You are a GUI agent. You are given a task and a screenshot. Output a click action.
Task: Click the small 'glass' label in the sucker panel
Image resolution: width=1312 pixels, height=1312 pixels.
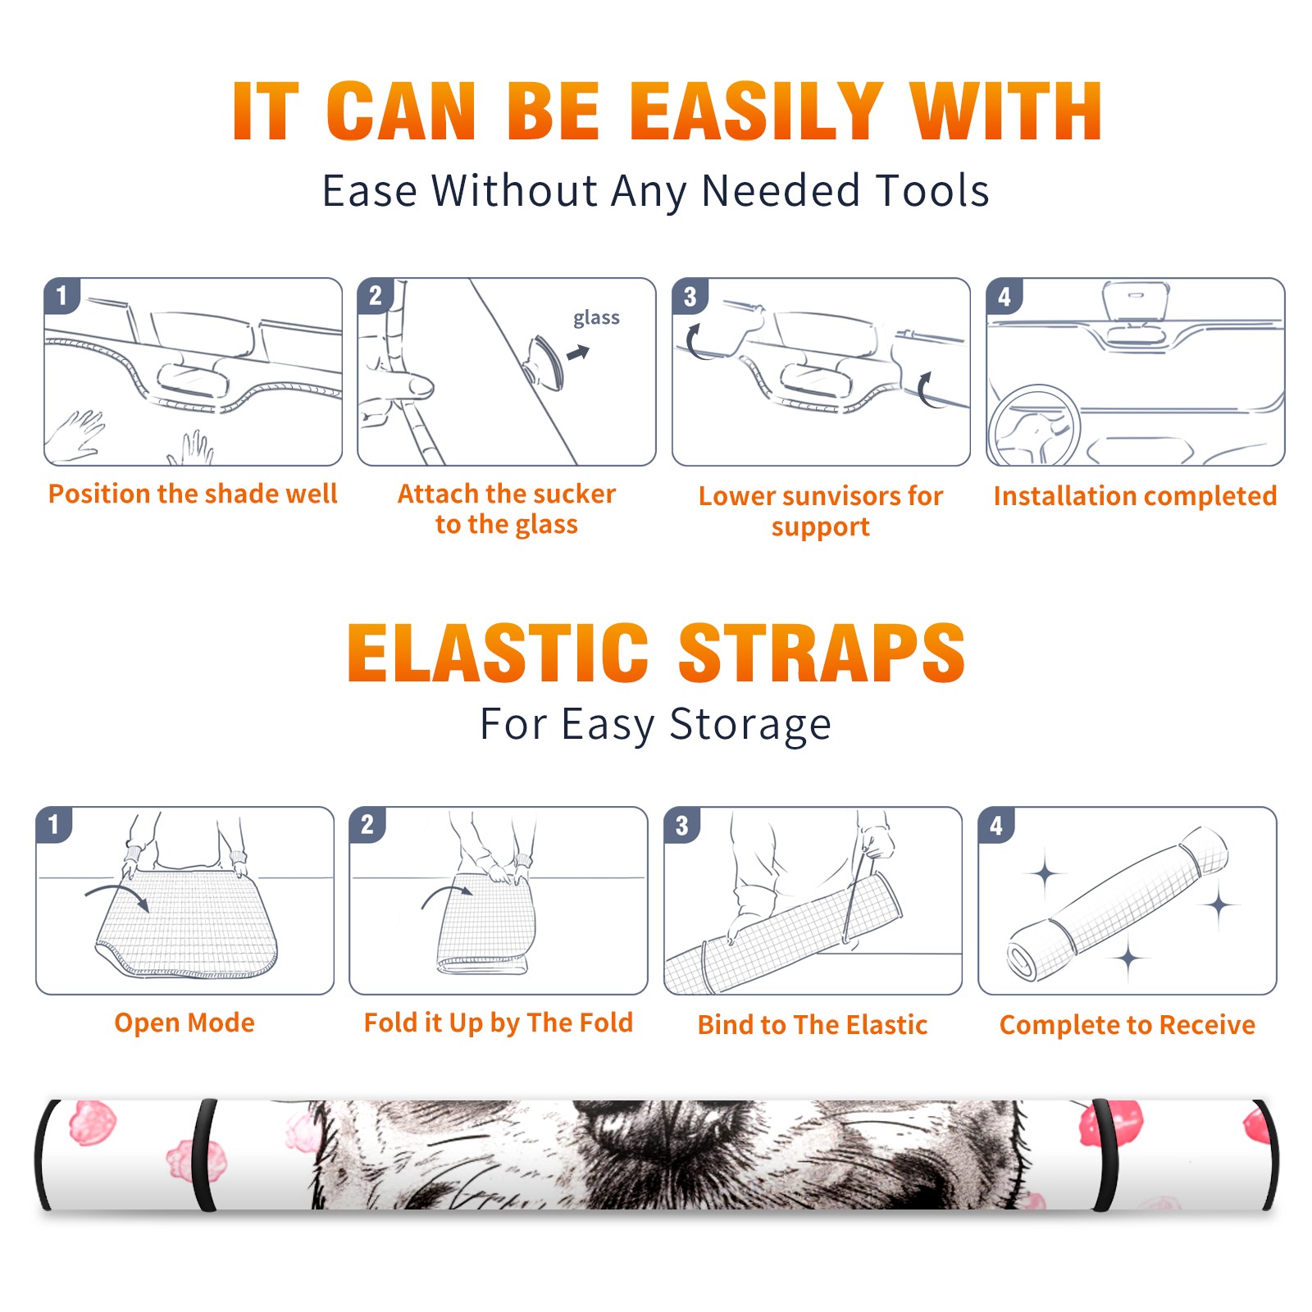point(596,317)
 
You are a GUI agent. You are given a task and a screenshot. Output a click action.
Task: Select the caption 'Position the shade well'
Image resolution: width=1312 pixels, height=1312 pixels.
point(193,494)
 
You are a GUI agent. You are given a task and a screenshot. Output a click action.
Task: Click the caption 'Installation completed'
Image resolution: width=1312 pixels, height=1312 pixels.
point(1135,496)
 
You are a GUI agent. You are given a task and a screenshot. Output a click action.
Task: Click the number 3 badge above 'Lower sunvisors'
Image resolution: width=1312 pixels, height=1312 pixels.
point(690,297)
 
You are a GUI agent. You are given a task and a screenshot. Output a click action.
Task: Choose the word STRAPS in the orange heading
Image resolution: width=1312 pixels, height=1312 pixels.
point(822,653)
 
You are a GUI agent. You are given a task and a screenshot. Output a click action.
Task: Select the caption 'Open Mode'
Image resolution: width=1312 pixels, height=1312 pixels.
point(184,1023)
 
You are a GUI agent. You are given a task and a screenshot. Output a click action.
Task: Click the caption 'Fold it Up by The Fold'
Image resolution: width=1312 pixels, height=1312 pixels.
point(499,1023)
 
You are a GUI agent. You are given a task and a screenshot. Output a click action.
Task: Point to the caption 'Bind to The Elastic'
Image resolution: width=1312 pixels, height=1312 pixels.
point(813,1025)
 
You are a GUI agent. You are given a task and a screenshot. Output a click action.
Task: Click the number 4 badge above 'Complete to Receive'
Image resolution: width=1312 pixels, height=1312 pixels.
point(996,825)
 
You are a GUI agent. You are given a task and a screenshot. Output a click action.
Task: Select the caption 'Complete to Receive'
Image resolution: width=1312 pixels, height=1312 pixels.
point(1127,1025)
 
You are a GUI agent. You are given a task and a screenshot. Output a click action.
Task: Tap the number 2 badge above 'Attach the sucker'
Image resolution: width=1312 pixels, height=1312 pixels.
point(375,296)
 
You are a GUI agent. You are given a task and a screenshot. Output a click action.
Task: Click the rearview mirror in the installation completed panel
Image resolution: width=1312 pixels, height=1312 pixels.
point(1136,301)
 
